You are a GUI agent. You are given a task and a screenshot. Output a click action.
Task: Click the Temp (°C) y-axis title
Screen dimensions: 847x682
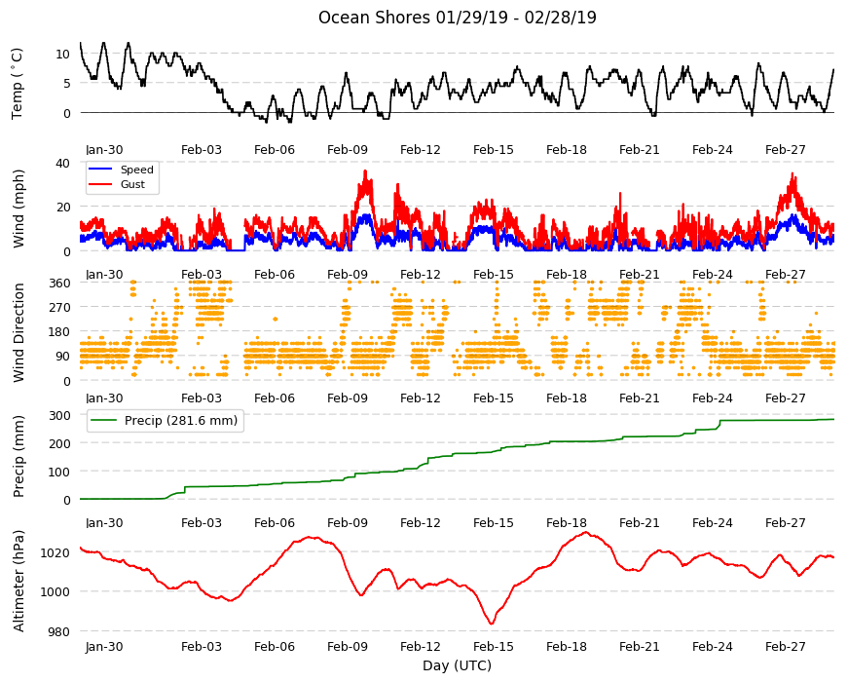click(x=18, y=83)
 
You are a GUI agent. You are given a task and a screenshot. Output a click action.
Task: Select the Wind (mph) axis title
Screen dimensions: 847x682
click(x=18, y=208)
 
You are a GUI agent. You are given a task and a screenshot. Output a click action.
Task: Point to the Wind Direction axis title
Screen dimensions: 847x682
click(x=18, y=333)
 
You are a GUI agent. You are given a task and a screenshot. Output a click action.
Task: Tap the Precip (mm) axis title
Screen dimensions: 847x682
click(x=18, y=456)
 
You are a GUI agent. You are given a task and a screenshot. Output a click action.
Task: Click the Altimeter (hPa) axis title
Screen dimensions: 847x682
click(x=18, y=582)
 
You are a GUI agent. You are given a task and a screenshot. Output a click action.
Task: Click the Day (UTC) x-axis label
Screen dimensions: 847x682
click(x=457, y=665)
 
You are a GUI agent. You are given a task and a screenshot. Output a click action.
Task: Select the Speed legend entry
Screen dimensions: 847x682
click(x=136, y=170)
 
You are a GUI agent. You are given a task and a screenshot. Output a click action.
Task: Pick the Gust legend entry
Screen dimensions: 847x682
click(x=132, y=184)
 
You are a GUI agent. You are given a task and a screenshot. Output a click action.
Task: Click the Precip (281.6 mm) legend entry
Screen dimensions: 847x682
click(x=181, y=421)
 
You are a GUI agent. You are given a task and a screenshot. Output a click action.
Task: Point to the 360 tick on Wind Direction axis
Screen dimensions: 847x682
click(x=60, y=283)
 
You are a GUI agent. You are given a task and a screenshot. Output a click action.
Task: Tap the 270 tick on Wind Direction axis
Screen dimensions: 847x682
click(x=60, y=308)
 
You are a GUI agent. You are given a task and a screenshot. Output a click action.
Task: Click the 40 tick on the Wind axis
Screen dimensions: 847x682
click(x=63, y=163)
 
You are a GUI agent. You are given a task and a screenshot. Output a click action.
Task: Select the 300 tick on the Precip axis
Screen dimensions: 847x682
click(x=60, y=415)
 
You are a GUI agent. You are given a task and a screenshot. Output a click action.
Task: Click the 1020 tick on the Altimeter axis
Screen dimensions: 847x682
click(x=56, y=552)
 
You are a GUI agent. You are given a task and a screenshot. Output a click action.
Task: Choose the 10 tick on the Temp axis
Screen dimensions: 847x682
click(x=63, y=54)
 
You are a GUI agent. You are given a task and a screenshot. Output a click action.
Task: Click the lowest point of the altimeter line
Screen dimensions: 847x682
click(x=492, y=624)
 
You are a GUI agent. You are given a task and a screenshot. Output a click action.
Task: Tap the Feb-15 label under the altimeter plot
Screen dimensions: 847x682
click(x=494, y=646)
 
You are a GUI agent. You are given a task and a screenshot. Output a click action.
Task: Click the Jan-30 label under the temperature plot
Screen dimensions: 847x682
click(x=104, y=150)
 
